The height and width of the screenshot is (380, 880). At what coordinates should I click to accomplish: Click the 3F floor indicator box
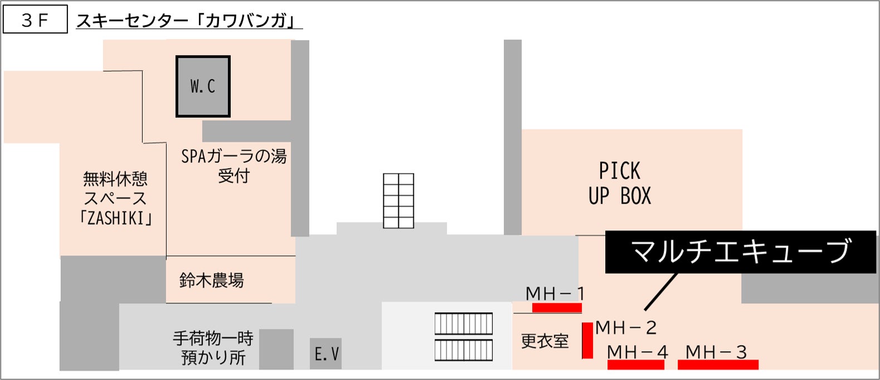click(x=35, y=20)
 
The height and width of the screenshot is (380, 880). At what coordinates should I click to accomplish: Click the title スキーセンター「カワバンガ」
click(x=188, y=21)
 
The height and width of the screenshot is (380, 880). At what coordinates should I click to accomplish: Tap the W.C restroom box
click(x=203, y=86)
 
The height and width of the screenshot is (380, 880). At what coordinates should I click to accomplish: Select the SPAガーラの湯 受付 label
click(x=234, y=166)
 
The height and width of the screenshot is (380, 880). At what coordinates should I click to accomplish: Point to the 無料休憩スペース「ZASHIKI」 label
click(x=115, y=198)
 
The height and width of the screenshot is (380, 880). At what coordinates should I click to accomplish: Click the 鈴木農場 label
click(x=212, y=280)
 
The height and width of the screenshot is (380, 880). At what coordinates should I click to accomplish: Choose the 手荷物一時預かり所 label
click(x=213, y=348)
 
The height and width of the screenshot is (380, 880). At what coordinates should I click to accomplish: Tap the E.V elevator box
click(x=326, y=354)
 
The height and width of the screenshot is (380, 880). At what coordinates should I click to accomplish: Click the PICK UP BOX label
click(x=619, y=183)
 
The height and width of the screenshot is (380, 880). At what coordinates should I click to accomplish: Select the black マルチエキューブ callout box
click(x=740, y=252)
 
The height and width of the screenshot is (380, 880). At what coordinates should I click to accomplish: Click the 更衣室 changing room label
click(x=544, y=341)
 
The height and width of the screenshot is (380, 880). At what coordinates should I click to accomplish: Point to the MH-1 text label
click(x=555, y=293)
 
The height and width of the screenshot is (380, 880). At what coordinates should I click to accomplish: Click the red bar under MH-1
click(x=557, y=308)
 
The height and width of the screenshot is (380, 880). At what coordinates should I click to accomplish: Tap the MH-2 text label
click(x=626, y=328)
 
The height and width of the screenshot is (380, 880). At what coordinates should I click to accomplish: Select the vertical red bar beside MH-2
click(x=587, y=340)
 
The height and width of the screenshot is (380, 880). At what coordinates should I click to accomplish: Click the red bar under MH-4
click(x=636, y=365)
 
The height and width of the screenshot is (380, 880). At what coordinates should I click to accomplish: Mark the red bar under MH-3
click(x=718, y=365)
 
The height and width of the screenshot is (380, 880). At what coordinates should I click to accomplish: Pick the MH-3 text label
click(x=716, y=352)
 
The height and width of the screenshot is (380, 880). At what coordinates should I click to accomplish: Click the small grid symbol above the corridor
click(x=398, y=201)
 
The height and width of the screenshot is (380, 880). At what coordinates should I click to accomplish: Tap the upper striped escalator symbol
click(x=464, y=324)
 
